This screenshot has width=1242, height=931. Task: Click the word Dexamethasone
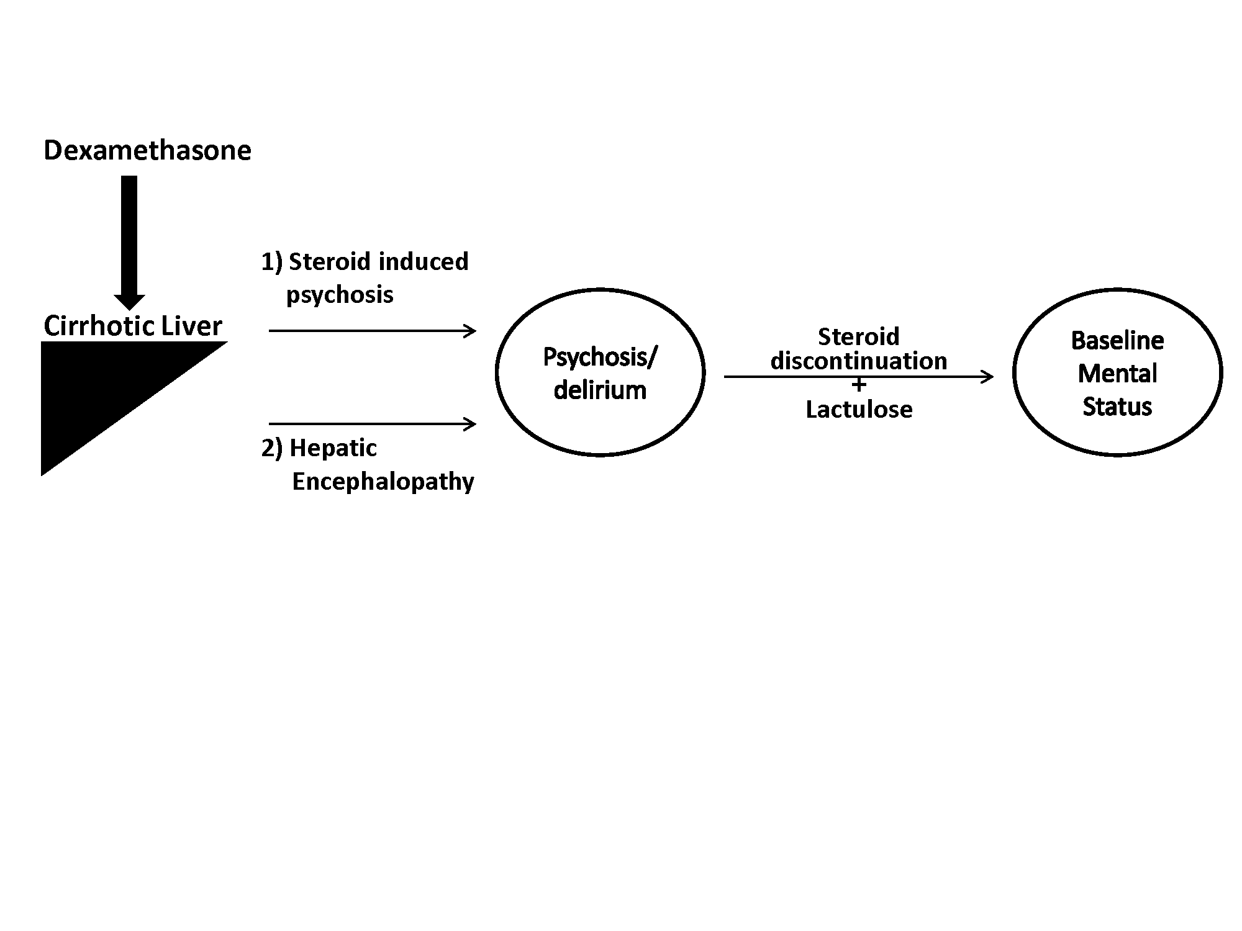pyautogui.click(x=147, y=151)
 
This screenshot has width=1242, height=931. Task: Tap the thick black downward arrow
pyautogui.click(x=129, y=243)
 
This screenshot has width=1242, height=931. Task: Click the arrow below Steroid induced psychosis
pyautogui.click(x=373, y=331)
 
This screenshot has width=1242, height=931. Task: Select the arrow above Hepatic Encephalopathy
pyautogui.click(x=373, y=424)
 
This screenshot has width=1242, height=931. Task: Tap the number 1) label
pyautogui.click(x=272, y=262)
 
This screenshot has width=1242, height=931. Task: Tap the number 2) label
pyautogui.click(x=272, y=448)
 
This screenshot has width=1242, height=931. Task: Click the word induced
pyautogui.click(x=424, y=261)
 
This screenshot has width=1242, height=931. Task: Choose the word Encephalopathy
pyautogui.click(x=383, y=482)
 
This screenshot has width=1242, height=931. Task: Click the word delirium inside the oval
pyautogui.click(x=600, y=390)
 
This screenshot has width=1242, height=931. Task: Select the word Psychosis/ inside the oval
pyautogui.click(x=600, y=358)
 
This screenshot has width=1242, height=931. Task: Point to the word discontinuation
pyautogui.click(x=859, y=361)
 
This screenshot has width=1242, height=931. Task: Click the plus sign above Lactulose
pyautogui.click(x=859, y=385)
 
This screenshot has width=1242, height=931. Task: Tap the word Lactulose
pyautogui.click(x=859, y=410)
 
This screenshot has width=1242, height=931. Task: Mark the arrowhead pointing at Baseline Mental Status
pyautogui.click(x=987, y=376)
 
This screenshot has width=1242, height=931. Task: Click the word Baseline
pyautogui.click(x=1118, y=340)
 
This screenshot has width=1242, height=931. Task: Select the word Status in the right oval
pyautogui.click(x=1118, y=407)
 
